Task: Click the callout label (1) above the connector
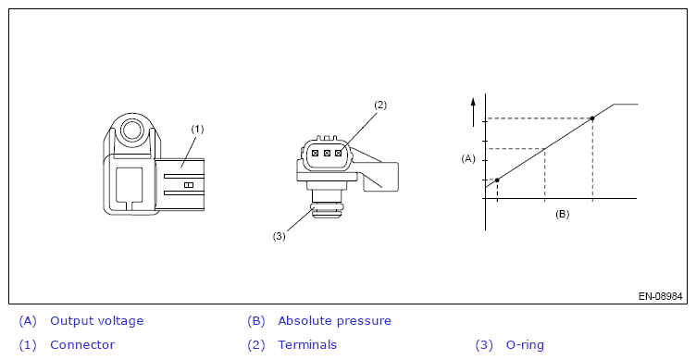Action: pyautogui.click(x=197, y=130)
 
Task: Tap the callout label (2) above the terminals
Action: pyautogui.click(x=380, y=106)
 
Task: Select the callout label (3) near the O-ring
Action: pyautogui.click(x=279, y=236)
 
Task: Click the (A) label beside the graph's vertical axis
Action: pyautogui.click(x=468, y=159)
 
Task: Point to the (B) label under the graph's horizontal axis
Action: pyautogui.click(x=562, y=214)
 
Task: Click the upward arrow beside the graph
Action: pyautogui.click(x=473, y=111)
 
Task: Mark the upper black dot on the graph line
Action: pyautogui.click(x=592, y=118)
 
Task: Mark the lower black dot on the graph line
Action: pyautogui.click(x=497, y=180)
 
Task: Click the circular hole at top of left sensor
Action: pyautogui.click(x=131, y=130)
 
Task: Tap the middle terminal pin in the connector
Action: pyautogui.click(x=327, y=153)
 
